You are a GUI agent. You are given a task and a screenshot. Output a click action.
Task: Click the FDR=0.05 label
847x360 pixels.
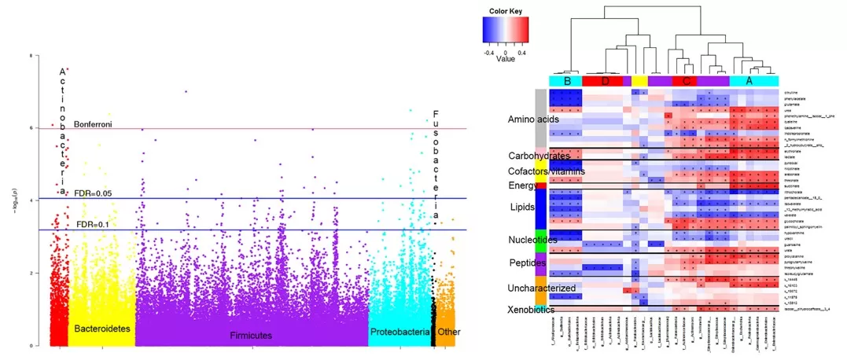(94, 193)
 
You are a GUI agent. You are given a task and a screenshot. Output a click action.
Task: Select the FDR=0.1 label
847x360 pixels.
(92, 225)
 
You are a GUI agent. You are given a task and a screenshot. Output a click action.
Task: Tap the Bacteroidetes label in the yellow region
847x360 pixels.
(101, 327)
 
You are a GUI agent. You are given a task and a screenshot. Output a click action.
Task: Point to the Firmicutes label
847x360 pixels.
(251, 336)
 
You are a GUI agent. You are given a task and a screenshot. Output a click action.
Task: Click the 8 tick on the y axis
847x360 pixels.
(30, 57)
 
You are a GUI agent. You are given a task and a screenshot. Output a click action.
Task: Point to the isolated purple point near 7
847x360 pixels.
(186, 91)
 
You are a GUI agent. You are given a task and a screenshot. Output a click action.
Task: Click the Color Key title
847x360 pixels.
(504, 12)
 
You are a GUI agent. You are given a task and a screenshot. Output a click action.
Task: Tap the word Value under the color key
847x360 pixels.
(505, 58)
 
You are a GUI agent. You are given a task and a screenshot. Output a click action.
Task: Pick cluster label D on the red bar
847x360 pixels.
(606, 80)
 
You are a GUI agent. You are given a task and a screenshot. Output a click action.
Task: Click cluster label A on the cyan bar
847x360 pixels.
(749, 80)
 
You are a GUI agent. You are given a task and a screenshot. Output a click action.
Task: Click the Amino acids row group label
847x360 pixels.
(533, 119)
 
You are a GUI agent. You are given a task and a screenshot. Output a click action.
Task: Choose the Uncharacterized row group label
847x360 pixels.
(542, 288)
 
